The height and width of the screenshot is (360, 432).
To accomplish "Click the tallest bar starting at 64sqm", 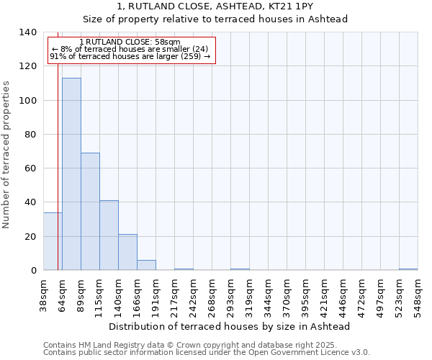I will coord(71,174).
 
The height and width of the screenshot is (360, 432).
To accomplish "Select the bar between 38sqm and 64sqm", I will coord(53,241).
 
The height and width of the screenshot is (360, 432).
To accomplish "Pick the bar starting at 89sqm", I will coord(90,212).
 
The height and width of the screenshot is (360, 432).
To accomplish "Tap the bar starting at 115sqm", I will coord(109,235).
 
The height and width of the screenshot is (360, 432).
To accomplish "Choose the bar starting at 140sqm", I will coord(127,252).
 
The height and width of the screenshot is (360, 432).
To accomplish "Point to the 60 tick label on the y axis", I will coord(30,168).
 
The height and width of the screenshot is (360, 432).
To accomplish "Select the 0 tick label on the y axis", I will coord(33,271).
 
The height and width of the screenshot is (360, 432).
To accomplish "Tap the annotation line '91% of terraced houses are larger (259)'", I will coord(130,56).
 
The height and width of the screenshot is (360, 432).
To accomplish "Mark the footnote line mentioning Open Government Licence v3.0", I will coord(207,352).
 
